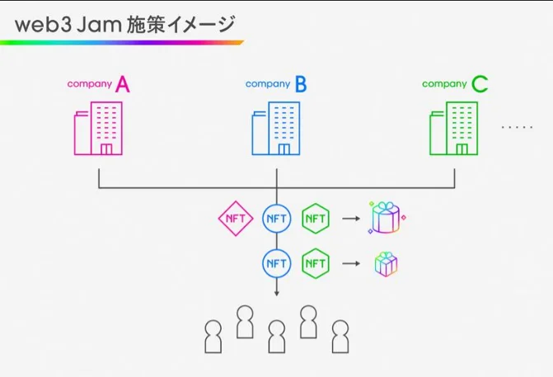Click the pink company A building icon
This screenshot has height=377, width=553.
(98, 129)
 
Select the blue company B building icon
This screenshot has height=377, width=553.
(276, 129)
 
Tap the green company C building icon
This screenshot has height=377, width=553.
(453, 129)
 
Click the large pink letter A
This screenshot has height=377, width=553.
(123, 83)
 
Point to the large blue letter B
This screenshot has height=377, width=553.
(301, 83)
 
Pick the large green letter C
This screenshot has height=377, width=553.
(479, 83)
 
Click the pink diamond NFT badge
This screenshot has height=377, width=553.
(235, 219)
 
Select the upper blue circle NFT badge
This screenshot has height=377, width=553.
(276, 219)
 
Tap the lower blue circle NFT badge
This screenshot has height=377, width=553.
(276, 263)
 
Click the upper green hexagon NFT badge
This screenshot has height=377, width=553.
(316, 219)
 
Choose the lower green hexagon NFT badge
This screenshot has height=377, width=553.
(316, 263)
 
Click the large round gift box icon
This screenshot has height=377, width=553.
(387, 218)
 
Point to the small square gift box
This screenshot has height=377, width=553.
(386, 263)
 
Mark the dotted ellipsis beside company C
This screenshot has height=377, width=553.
(517, 128)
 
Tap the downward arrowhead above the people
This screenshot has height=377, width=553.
(276, 293)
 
